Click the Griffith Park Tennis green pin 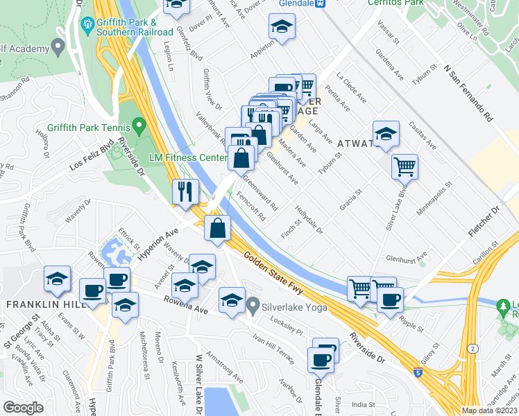point(139,127)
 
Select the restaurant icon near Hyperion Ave point(185,191)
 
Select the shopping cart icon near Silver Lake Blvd point(405,166)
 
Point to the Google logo point(23,408)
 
